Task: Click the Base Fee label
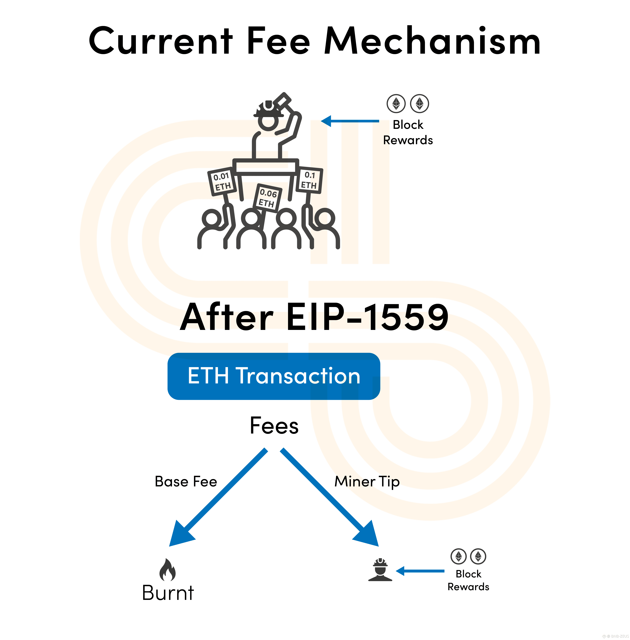pos(186,481)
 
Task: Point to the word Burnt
pos(168,593)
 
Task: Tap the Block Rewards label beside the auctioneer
pos(408,132)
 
